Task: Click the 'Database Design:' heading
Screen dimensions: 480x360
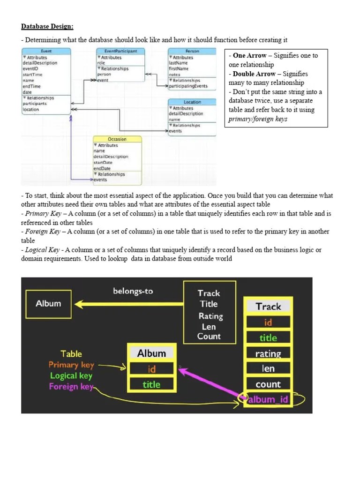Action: pyautogui.click(x=47, y=27)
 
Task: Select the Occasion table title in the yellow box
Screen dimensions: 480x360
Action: pyautogui.click(x=117, y=139)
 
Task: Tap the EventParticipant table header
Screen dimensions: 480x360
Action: pyautogui.click(x=120, y=51)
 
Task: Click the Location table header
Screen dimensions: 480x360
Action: pyautogui.click(x=192, y=102)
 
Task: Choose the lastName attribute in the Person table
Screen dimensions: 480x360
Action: pyautogui.click(x=178, y=63)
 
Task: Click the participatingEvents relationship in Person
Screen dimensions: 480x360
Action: pyautogui.click(x=188, y=86)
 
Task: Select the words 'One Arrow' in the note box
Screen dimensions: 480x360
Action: pyautogui.click(x=249, y=55)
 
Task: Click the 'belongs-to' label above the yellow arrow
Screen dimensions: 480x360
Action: pyautogui.click(x=133, y=291)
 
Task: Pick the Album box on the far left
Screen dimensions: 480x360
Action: pyautogui.click(x=48, y=303)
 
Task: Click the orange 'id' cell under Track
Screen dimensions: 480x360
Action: pyautogui.click(x=268, y=322)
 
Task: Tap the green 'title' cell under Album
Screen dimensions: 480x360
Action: pyautogui.click(x=151, y=384)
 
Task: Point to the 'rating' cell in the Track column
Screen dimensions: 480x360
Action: pyautogui.click(x=268, y=353)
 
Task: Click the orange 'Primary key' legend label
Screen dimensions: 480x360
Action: pyautogui.click(x=71, y=365)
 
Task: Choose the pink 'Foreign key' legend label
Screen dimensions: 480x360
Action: pyautogui.click(x=71, y=387)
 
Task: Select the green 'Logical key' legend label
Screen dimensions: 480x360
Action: pyautogui.click(x=71, y=375)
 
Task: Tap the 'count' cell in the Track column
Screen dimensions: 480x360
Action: pyautogui.click(x=268, y=384)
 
